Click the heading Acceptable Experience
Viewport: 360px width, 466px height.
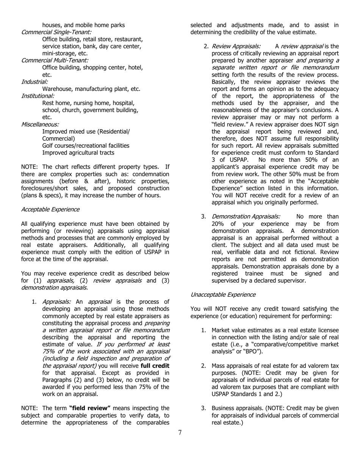click(x=50, y=210)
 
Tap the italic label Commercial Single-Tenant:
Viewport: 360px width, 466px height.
click(x=56, y=32)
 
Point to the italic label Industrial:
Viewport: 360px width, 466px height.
click(x=34, y=82)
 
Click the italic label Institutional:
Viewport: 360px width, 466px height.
click(x=38, y=96)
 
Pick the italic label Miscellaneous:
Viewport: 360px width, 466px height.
click(x=40, y=124)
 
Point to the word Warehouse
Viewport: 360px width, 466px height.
click(x=58, y=89)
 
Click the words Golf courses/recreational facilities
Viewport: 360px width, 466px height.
click(x=86, y=146)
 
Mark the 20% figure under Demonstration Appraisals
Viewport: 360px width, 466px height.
click(x=219, y=224)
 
